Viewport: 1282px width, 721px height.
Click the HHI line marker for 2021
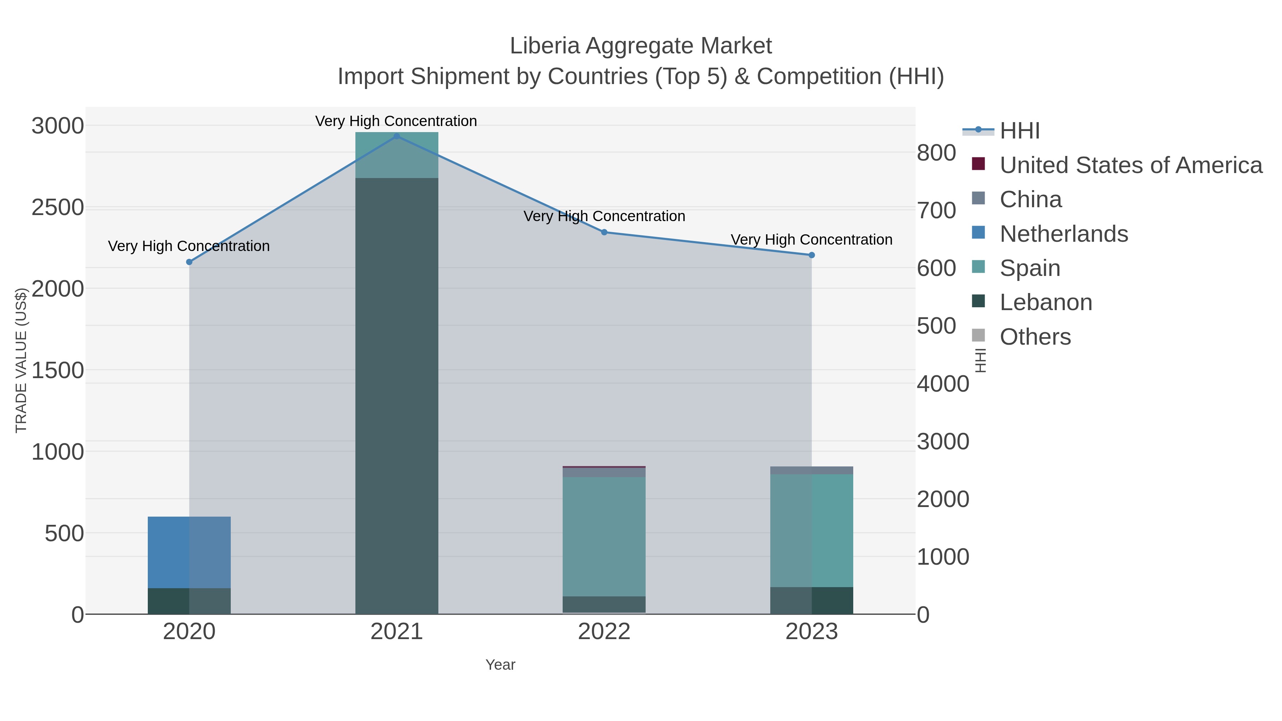click(397, 136)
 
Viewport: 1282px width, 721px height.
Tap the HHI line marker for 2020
click(189, 262)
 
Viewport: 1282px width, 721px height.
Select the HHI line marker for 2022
click(604, 232)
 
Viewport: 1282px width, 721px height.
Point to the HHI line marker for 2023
click(812, 255)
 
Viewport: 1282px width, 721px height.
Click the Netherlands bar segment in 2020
click(189, 552)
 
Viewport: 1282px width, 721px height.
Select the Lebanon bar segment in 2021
click(397, 396)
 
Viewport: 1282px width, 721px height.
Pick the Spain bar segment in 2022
click(604, 537)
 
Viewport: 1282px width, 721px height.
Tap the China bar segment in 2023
click(812, 470)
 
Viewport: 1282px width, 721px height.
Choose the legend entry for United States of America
click(1131, 165)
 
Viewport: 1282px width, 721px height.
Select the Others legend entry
click(1035, 337)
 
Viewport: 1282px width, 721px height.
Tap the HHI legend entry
click(1020, 131)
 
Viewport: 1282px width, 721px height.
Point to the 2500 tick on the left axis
click(58, 208)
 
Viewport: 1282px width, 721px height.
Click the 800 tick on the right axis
click(937, 153)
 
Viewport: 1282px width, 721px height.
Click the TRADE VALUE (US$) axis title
click(21, 360)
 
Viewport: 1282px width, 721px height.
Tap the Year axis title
click(500, 665)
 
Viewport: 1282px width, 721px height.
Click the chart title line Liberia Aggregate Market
click(641, 46)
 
